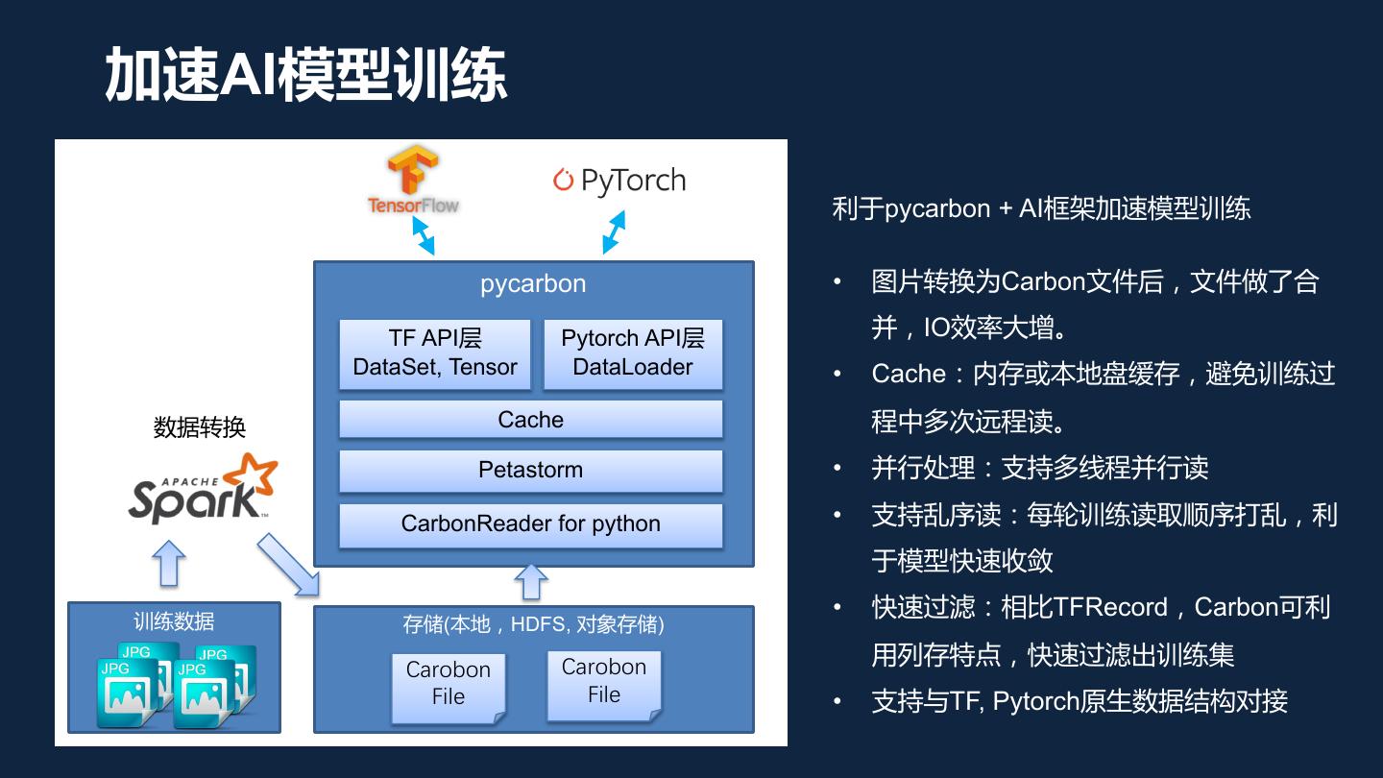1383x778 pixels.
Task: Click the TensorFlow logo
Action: pyautogui.click(x=413, y=182)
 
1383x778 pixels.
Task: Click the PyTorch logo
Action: pyautogui.click(x=619, y=181)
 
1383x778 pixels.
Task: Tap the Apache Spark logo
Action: pyautogui.click(x=204, y=489)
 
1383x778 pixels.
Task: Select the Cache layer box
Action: pyautogui.click(x=530, y=420)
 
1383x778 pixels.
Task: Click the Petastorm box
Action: pyautogui.click(x=530, y=471)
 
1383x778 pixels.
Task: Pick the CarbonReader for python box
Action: pyautogui.click(x=530, y=524)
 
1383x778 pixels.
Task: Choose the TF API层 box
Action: pyautogui.click(x=435, y=353)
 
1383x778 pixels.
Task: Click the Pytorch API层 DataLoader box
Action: pyautogui.click(x=633, y=353)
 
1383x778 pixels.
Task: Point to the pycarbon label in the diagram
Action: pyautogui.click(x=533, y=284)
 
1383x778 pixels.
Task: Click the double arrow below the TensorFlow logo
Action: pyautogui.click(x=424, y=234)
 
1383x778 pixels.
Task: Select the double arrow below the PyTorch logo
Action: pyautogui.click(x=614, y=232)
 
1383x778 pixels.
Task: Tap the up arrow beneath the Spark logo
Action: pyautogui.click(x=170, y=563)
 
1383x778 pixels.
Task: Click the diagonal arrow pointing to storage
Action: pyautogui.click(x=288, y=567)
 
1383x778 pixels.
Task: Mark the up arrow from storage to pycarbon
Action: pyautogui.click(x=531, y=582)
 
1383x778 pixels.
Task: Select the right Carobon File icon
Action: pyautogui.click(x=604, y=684)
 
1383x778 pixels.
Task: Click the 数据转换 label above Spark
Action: pyautogui.click(x=200, y=428)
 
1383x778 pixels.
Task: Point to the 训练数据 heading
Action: pyautogui.click(x=174, y=620)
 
